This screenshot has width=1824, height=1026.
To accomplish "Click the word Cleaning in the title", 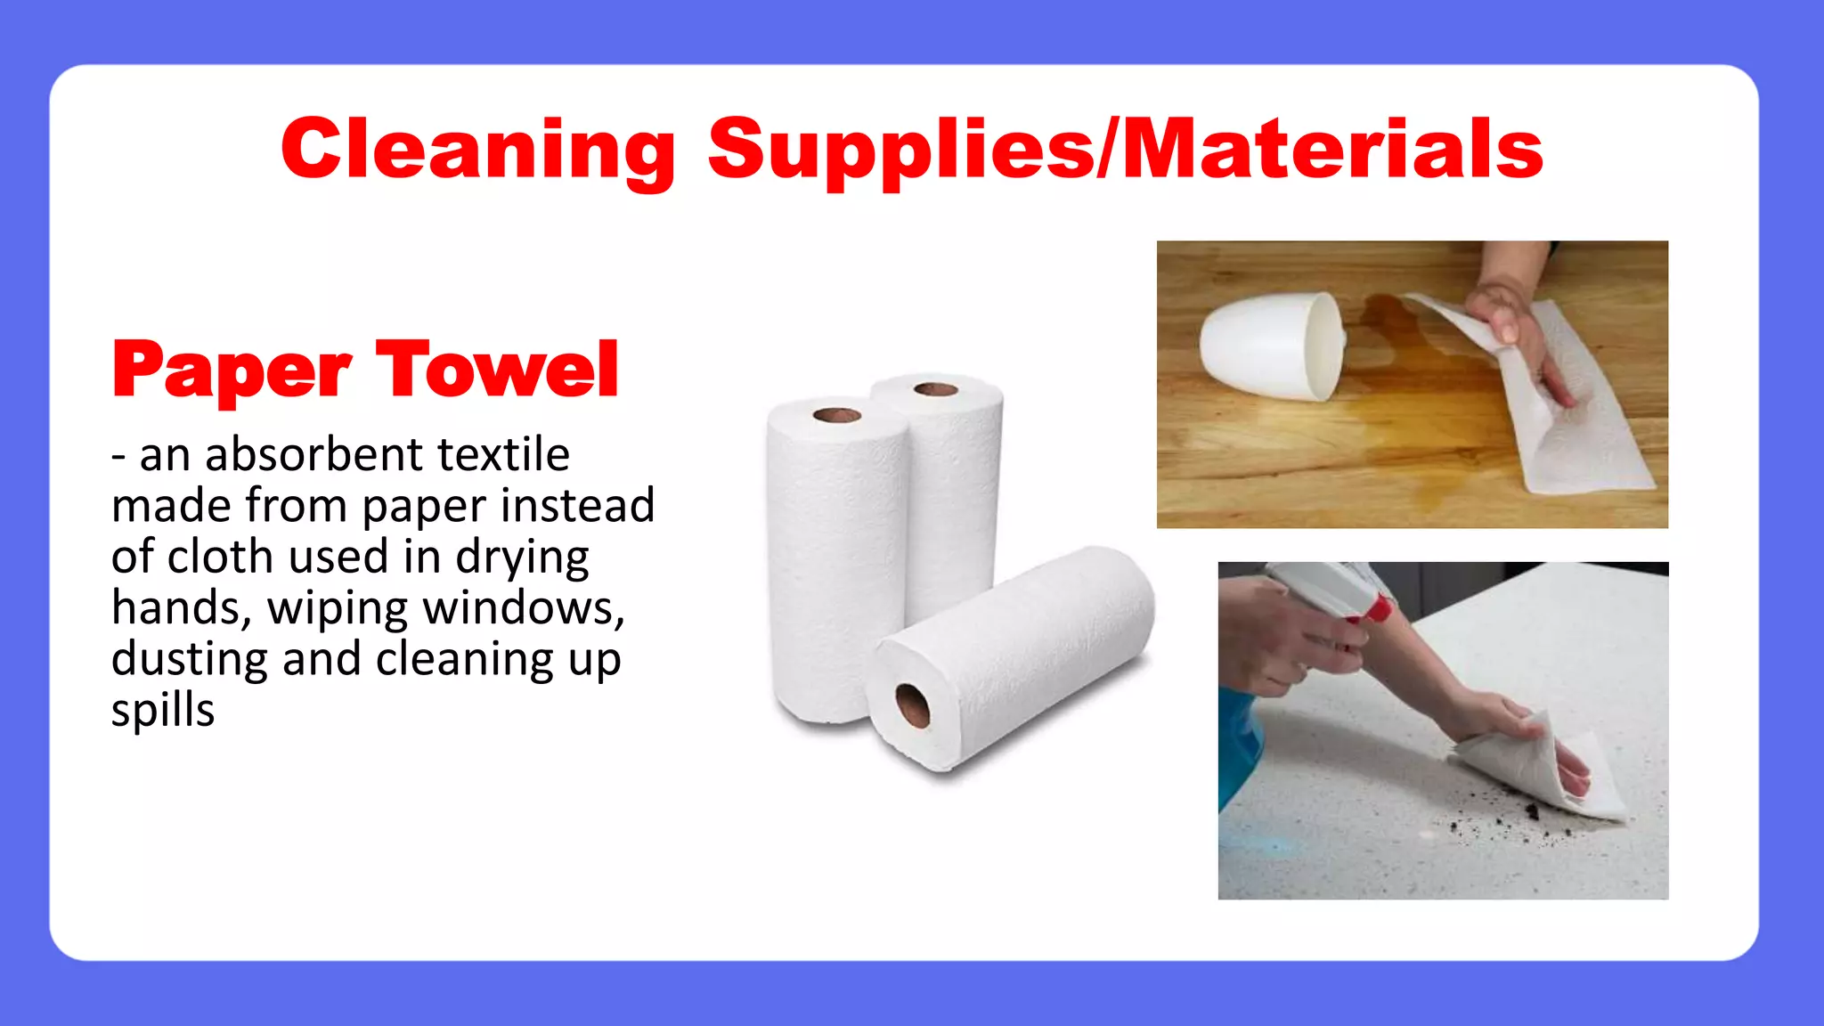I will click(x=478, y=150).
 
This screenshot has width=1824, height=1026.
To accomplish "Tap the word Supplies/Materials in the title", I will click(x=1125, y=150).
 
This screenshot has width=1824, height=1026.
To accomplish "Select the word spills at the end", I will click(x=163, y=711).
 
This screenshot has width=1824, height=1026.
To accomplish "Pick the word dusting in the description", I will click(x=190, y=660).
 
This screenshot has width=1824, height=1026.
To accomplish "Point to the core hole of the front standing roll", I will click(x=836, y=415).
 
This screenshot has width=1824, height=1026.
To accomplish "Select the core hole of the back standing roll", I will click(x=936, y=389).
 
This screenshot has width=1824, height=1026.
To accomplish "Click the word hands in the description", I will click(x=175, y=608).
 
